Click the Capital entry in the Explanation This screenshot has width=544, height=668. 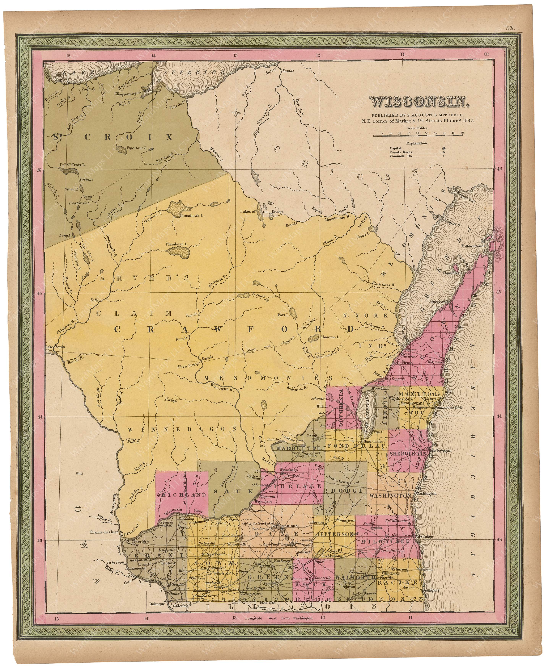click(x=395, y=148)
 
